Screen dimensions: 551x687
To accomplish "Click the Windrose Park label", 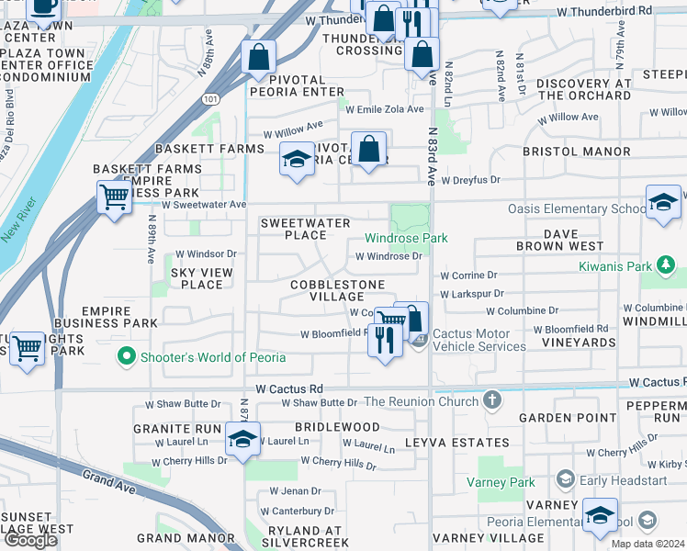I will (406, 238).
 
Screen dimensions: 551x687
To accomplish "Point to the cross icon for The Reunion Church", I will (493, 400).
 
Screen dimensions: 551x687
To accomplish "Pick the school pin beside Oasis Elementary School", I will (662, 203).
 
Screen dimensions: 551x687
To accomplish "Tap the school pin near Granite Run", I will (242, 438).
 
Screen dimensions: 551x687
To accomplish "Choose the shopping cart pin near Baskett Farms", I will (114, 196).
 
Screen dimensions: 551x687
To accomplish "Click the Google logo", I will (31, 539).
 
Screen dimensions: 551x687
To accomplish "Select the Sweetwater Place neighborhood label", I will (306, 230).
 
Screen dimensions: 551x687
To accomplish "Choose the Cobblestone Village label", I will (337, 290).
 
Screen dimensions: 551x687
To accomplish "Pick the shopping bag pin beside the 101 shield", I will (259, 57).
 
